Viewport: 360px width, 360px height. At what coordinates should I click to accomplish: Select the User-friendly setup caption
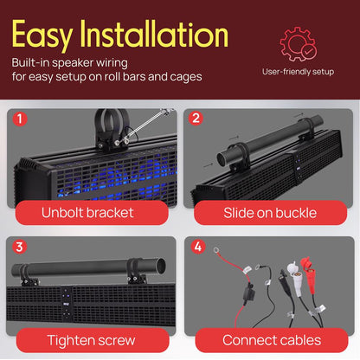pyautogui.click(x=299, y=73)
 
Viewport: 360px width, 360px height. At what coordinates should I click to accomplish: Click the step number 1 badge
pyautogui.click(x=20, y=120)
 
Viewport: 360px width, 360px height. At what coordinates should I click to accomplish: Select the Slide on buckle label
pyautogui.click(x=269, y=213)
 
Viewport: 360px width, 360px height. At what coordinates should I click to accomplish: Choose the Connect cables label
pyautogui.click(x=269, y=340)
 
